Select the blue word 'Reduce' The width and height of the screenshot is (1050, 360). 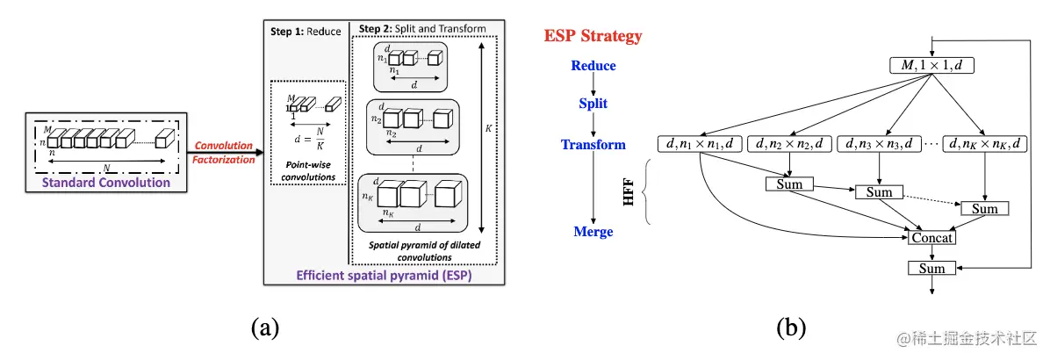(593, 66)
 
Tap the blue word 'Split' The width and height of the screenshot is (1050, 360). (593, 104)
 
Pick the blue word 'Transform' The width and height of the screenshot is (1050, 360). (593, 145)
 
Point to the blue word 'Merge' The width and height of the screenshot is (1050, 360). (593, 232)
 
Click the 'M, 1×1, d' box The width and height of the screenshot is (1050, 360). (931, 64)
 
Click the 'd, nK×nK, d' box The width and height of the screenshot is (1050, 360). (985, 142)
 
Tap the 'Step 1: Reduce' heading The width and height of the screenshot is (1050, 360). (304, 30)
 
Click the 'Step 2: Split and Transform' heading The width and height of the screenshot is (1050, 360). (420, 29)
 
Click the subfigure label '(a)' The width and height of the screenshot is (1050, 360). (265, 328)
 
